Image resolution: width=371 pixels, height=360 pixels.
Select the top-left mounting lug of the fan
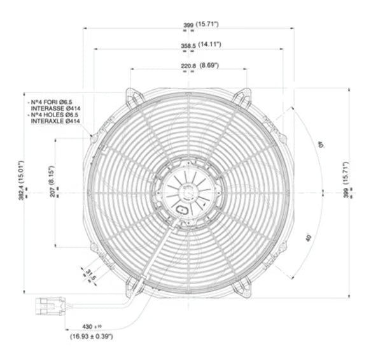132,97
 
